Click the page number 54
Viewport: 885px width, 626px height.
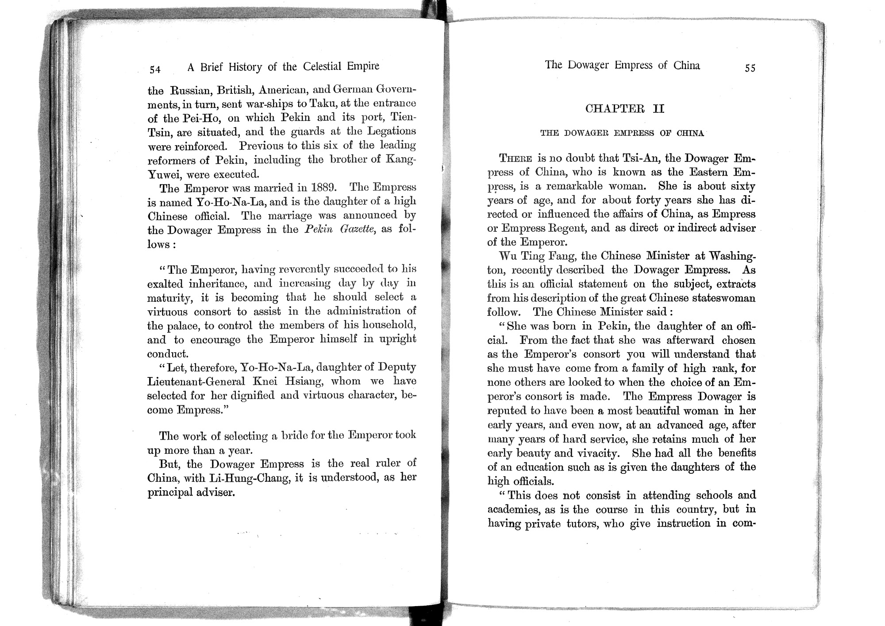coord(155,69)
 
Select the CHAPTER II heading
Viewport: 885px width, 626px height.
coord(624,109)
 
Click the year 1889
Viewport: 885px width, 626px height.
coord(325,187)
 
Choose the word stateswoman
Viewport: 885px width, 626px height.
coord(724,298)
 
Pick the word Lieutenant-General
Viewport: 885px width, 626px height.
coord(196,381)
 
